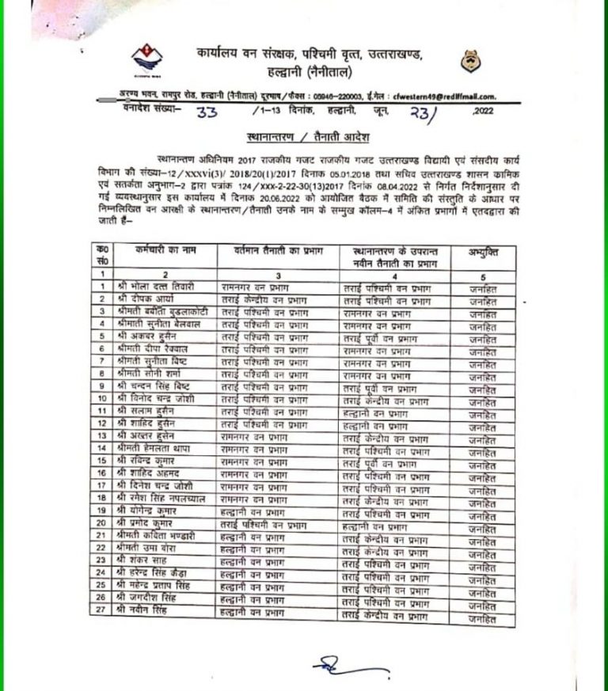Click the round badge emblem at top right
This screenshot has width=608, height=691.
pyautogui.click(x=467, y=61)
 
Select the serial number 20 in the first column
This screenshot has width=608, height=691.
pyautogui.click(x=102, y=522)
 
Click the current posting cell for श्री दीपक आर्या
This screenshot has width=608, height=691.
pyautogui.click(x=264, y=298)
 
